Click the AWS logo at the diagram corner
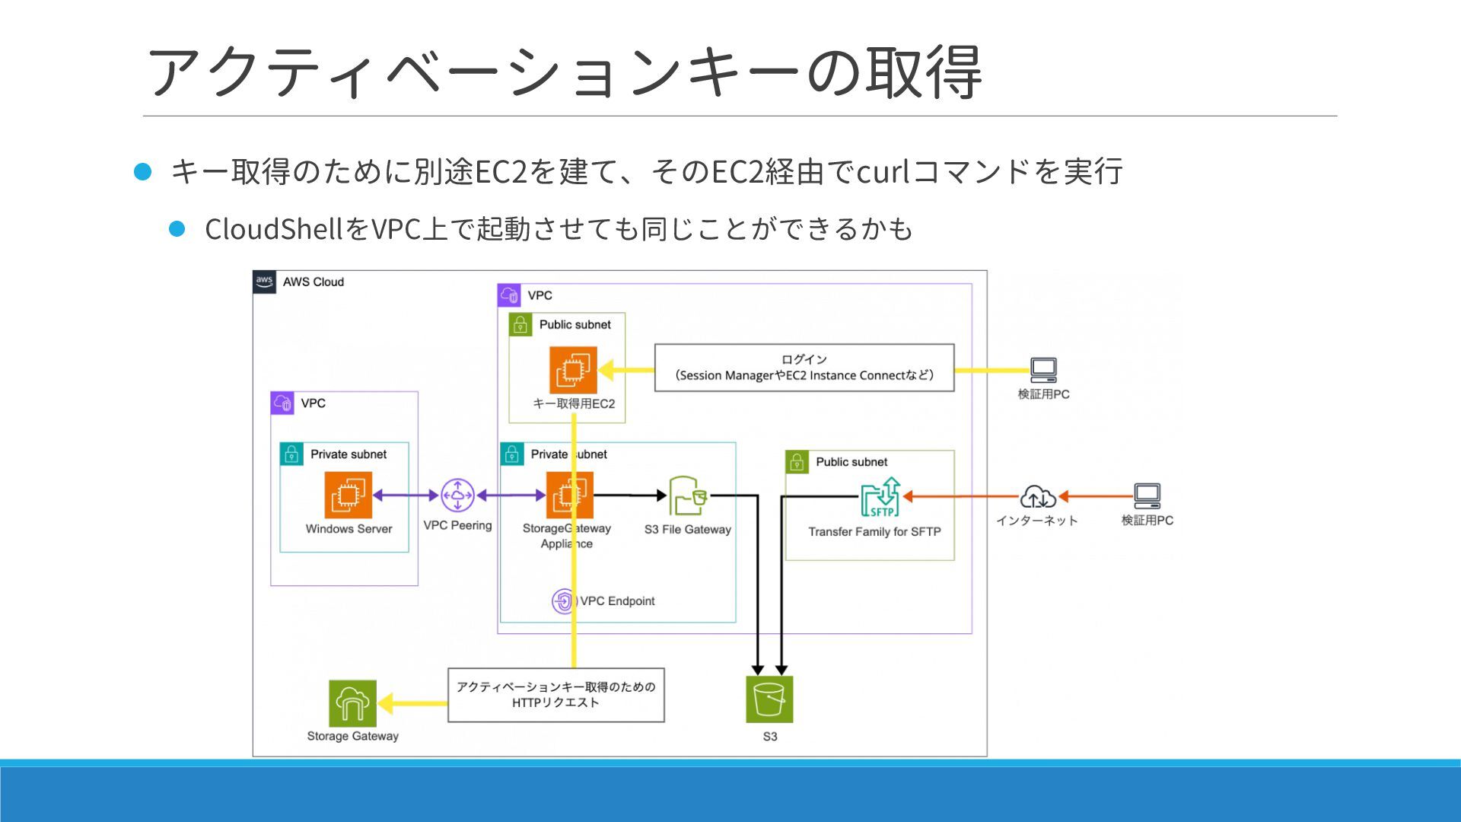click(264, 282)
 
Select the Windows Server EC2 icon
click(349, 495)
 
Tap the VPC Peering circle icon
click(457, 495)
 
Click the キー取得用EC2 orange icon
click(573, 370)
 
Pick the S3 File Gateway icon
click(688, 496)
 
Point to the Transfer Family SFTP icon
click(881, 497)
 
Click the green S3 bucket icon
click(769, 699)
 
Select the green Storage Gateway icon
click(352, 703)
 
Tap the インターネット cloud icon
click(1038, 497)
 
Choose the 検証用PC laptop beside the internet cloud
click(1147, 496)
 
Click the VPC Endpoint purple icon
click(564, 601)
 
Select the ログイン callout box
click(804, 368)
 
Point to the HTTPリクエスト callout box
click(556, 695)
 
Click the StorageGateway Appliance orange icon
click(570, 495)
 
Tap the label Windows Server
click(349, 529)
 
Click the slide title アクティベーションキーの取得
click(564, 72)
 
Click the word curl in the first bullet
click(883, 172)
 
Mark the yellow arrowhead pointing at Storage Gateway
click(386, 703)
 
